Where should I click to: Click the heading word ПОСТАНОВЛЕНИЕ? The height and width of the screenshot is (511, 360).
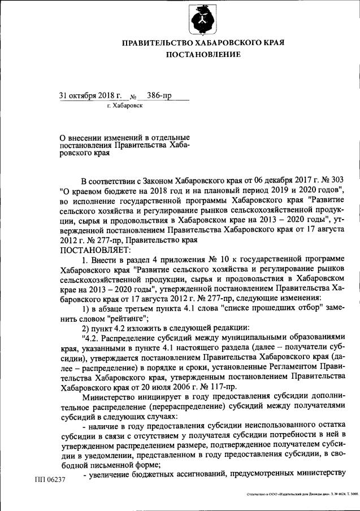click(x=203, y=54)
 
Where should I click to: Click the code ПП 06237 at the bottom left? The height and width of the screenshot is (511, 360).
click(x=50, y=480)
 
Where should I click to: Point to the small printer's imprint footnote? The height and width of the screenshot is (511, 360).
click(x=302, y=494)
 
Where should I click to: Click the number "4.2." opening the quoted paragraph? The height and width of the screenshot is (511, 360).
click(x=90, y=339)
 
